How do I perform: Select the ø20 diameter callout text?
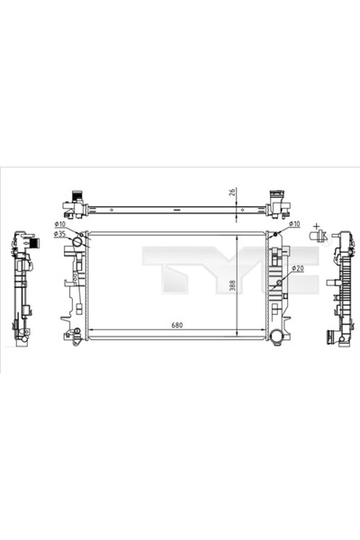point(297,269)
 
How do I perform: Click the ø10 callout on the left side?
point(59,223)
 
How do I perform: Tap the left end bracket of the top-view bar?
point(75,203)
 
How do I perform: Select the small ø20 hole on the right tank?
point(278,282)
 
